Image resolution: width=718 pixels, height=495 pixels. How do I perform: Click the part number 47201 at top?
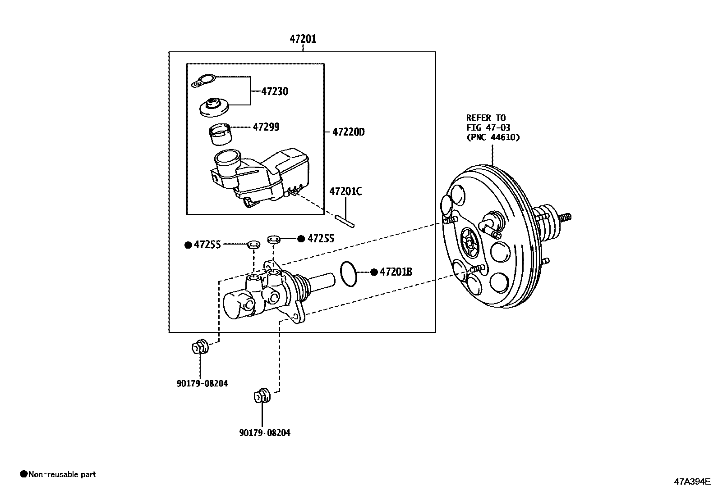[x=303, y=39]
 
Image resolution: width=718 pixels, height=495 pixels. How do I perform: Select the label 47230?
[x=275, y=91]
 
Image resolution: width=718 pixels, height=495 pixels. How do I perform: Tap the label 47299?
[x=266, y=127]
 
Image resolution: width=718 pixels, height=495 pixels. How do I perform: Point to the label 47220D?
[x=348, y=132]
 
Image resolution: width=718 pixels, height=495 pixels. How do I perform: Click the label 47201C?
[x=345, y=191]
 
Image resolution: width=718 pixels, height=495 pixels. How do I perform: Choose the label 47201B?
[x=396, y=272]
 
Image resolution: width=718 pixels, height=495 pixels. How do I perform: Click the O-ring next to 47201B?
[x=348, y=273]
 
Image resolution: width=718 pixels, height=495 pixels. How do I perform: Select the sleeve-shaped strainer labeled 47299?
[x=221, y=134]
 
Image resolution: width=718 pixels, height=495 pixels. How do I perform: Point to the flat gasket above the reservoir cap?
[x=204, y=81]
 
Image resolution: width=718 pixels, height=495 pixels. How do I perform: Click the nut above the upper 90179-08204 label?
[x=198, y=347]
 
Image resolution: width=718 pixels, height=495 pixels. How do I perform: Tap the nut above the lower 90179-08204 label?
[x=262, y=395]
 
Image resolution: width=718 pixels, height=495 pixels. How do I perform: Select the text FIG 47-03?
[x=488, y=128]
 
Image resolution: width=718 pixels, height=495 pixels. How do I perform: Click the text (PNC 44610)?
[x=493, y=137]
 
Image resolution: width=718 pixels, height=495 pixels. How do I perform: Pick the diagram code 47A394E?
[x=692, y=481]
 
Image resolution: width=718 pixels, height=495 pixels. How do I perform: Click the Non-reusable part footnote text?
[x=62, y=474]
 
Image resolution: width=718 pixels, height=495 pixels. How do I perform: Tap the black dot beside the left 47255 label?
[x=188, y=245]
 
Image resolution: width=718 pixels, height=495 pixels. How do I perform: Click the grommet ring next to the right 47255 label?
[x=273, y=238]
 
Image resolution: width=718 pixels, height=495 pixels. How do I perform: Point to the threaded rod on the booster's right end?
[x=565, y=217]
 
